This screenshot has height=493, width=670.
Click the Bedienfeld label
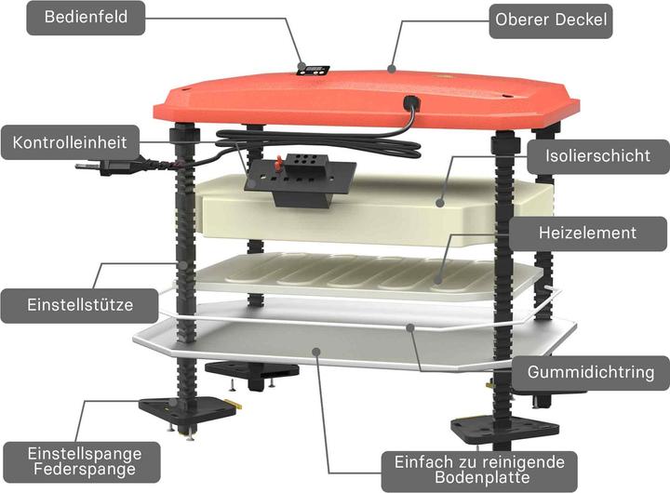[x=86, y=18]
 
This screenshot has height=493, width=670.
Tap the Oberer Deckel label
[x=551, y=20]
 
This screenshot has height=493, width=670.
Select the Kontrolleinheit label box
[x=70, y=142]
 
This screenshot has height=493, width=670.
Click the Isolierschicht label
[x=597, y=156]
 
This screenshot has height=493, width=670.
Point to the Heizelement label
[x=587, y=233]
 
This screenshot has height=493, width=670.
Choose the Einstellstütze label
[x=80, y=305]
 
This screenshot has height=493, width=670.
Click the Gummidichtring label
[x=591, y=372]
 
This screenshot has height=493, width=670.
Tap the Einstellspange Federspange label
[x=84, y=461]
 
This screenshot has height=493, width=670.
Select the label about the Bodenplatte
[x=479, y=470]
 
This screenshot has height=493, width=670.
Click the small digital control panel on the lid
[x=314, y=71]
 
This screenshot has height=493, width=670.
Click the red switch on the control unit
[x=278, y=163]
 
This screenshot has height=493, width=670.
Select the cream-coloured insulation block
[x=376, y=211]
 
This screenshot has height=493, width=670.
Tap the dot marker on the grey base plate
[x=316, y=352]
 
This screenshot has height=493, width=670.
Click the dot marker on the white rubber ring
[x=410, y=327]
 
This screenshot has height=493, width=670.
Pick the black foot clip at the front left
[x=188, y=410]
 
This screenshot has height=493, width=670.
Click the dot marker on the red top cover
[x=391, y=68]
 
